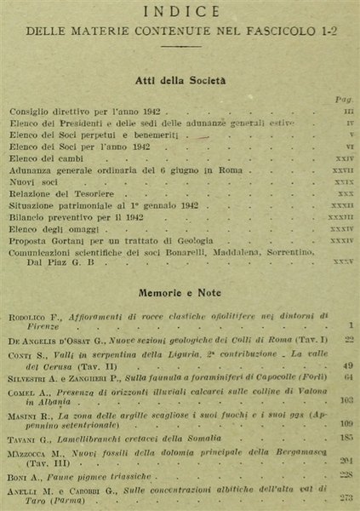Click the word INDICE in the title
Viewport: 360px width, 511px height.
tap(180, 13)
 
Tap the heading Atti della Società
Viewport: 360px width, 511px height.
tap(180, 81)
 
